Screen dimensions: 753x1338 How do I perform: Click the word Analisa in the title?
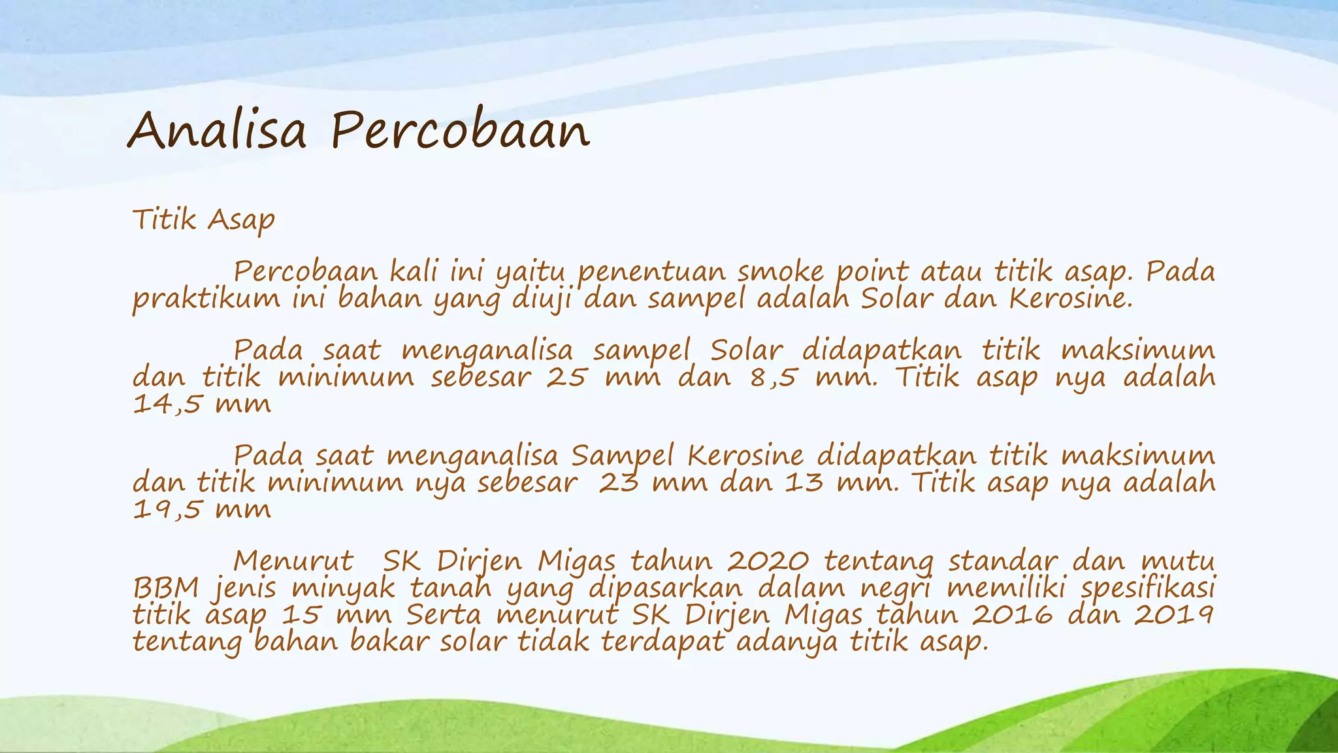coord(216,130)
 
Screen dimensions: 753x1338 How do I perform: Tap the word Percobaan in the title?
coord(460,130)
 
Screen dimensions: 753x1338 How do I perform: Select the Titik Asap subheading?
coord(203,220)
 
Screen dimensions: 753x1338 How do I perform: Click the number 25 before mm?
coord(566,377)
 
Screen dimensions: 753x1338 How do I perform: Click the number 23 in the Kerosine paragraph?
coord(618,482)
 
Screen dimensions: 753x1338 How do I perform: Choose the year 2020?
coord(768,561)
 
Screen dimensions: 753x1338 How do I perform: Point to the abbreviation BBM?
coord(165,588)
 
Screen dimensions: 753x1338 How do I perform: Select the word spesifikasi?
coord(1148,588)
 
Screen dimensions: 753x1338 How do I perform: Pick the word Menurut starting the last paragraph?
coord(293,561)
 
